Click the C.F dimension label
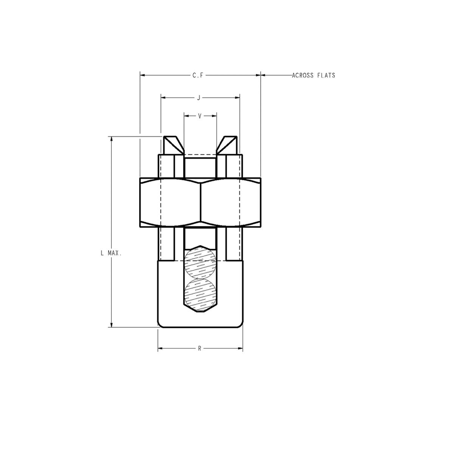(198, 76)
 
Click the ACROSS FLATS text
(313, 75)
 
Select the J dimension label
(199, 97)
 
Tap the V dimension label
(200, 116)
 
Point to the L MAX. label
(110, 254)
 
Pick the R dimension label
(200, 348)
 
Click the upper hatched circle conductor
(200, 262)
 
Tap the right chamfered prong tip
(228, 145)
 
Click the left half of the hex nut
(170, 202)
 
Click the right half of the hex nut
(231, 202)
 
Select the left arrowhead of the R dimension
(161, 348)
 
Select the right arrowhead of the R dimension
(240, 348)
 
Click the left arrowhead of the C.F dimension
(143, 76)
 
